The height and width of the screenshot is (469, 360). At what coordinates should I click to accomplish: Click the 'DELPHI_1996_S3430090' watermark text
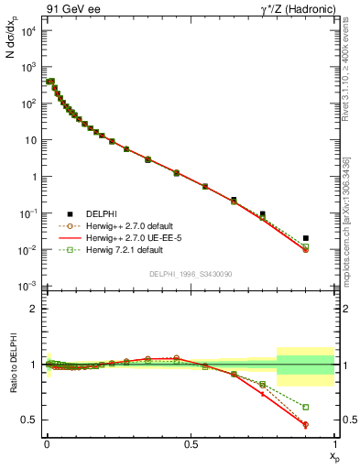click(190, 275)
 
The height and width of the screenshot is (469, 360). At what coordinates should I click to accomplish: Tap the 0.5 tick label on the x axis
click(191, 442)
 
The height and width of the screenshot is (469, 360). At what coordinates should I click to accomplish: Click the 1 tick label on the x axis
click(334, 442)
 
